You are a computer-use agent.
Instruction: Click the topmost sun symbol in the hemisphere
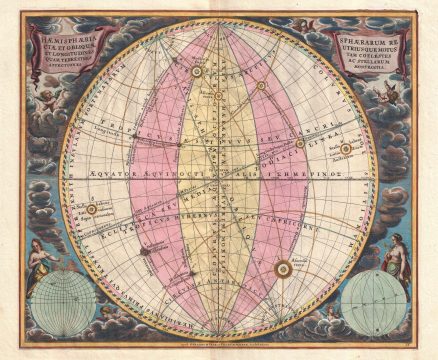[x=197, y=71]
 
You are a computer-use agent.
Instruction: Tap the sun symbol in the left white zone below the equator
[x=91, y=209]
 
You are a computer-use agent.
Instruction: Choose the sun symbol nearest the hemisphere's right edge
[x=346, y=149]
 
